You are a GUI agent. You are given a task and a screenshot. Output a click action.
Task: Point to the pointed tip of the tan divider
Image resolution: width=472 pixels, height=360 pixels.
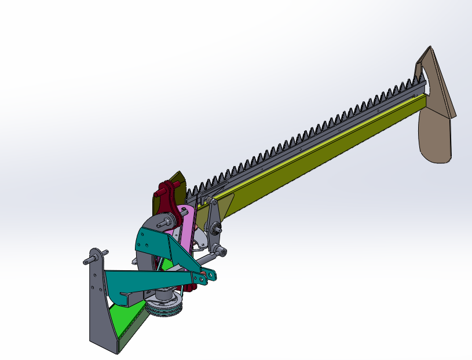pos(429,49)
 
